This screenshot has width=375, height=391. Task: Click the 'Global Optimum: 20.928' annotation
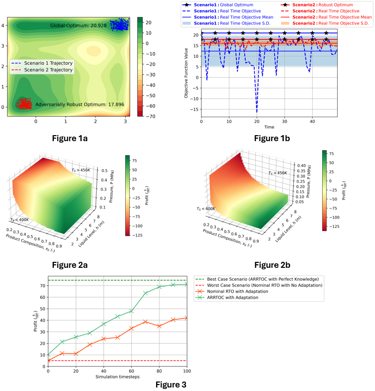[79, 25]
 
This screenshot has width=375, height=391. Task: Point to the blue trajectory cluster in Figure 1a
[119, 24]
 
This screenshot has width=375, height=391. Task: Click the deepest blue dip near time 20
[257, 111]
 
